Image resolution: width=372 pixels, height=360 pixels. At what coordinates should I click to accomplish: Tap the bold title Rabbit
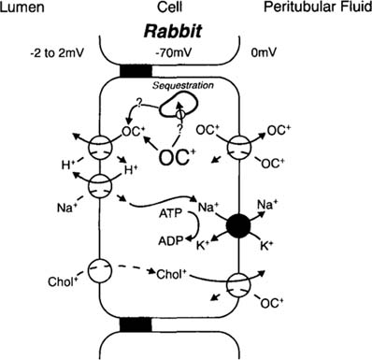[187, 31]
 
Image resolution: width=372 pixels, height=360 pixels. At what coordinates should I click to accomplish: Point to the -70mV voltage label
[187, 55]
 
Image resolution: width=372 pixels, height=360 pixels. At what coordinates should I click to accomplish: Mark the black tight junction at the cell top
[123, 73]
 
